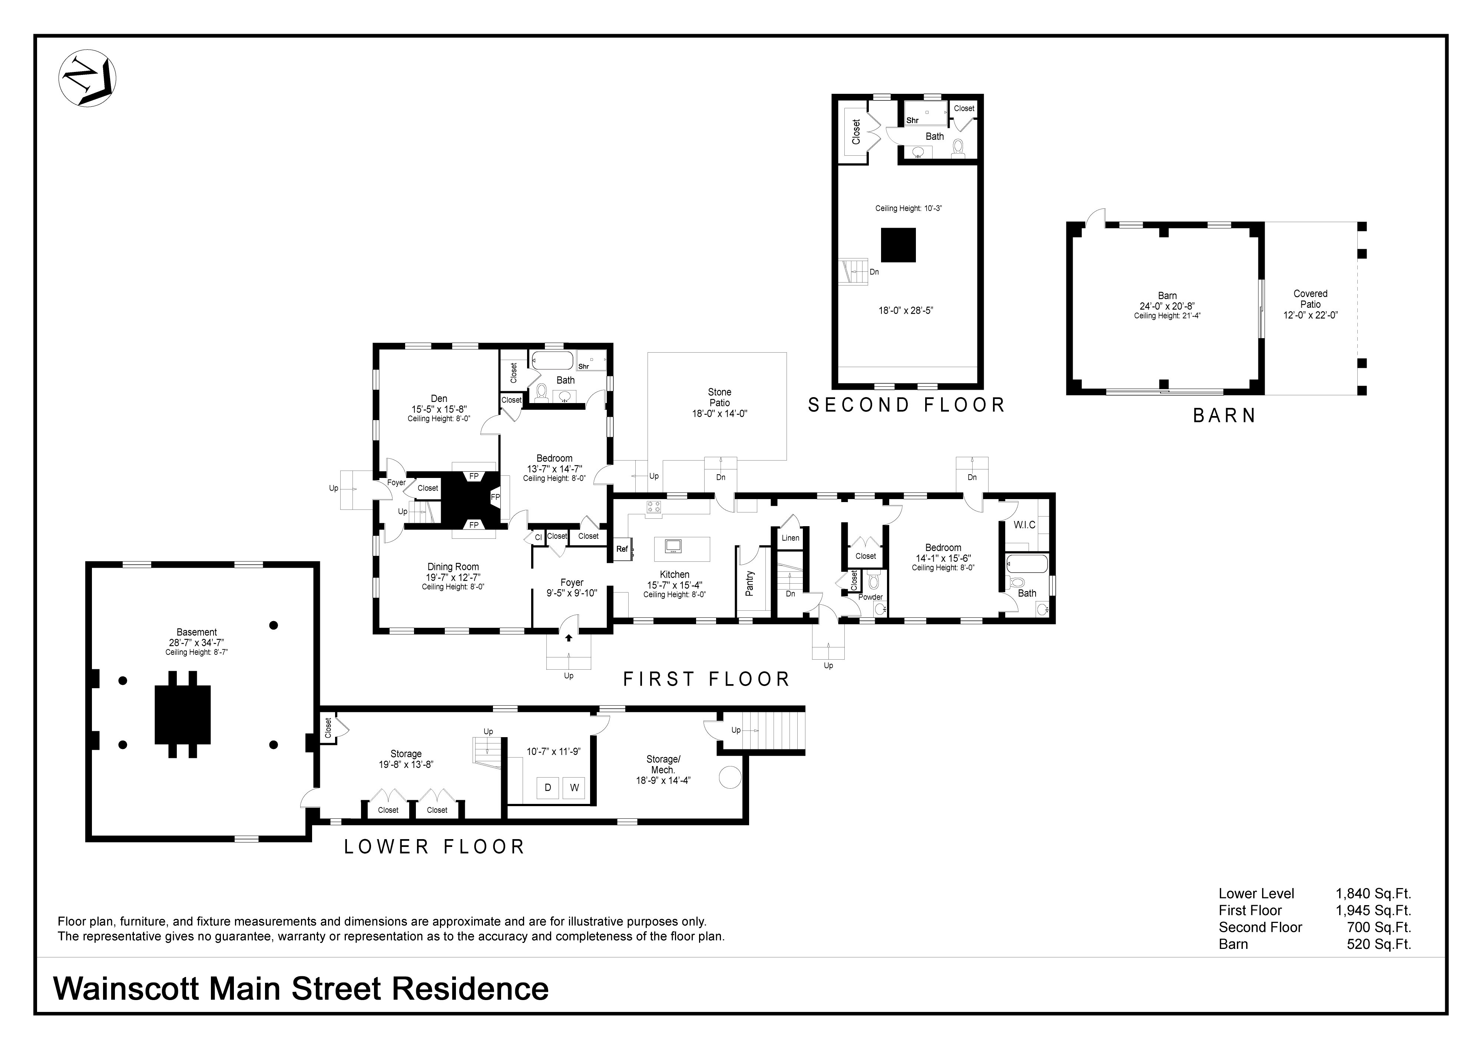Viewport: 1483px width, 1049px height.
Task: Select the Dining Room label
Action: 453,567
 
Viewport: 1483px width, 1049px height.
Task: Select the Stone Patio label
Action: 719,398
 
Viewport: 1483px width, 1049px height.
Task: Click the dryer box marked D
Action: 548,788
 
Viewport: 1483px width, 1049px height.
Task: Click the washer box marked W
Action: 574,788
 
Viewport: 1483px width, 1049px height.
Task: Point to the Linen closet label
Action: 791,538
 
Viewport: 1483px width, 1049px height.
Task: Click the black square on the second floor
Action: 898,245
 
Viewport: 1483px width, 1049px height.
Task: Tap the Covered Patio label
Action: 1311,298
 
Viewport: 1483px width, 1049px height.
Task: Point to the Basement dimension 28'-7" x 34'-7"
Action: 196,643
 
